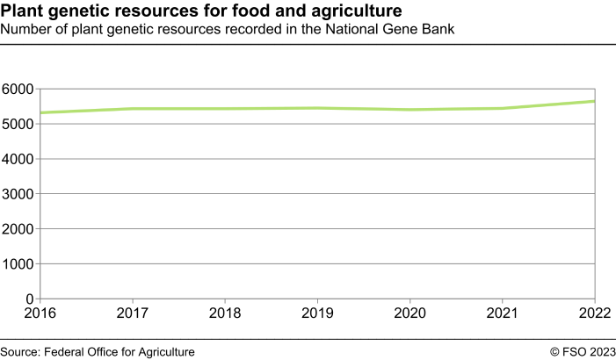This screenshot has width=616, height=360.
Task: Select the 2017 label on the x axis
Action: [132, 313]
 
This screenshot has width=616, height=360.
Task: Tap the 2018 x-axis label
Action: [224, 313]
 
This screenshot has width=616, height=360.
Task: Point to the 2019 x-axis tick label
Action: [316, 313]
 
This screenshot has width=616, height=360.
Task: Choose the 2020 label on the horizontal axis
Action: [409, 313]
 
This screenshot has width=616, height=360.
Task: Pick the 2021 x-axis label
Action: [502, 313]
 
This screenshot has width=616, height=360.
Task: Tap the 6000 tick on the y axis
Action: [17, 90]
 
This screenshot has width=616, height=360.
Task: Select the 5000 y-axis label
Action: [17, 124]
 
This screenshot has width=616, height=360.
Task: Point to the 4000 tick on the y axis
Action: [17, 159]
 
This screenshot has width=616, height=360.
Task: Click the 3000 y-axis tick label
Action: [17, 194]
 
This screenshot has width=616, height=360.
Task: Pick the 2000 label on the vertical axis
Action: [17, 229]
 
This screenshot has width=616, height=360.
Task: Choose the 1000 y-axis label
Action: [17, 263]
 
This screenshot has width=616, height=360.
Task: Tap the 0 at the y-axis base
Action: [29, 299]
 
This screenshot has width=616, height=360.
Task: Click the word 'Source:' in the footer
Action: [22, 351]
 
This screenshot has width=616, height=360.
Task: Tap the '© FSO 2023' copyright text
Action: [583, 351]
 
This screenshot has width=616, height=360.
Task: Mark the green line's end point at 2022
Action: [594, 101]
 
